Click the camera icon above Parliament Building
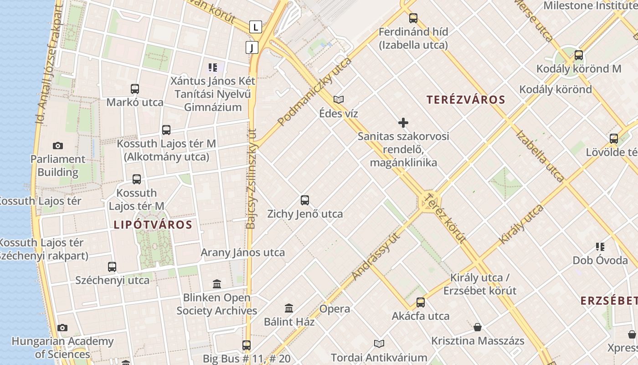pyautogui.click(x=58, y=146)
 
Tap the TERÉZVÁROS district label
pyautogui.click(x=466, y=100)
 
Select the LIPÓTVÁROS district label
pyautogui.click(x=153, y=224)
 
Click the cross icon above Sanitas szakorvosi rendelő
pyautogui.click(x=403, y=123)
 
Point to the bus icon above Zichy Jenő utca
pyautogui.click(x=305, y=200)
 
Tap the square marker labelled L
pyautogui.click(x=256, y=27)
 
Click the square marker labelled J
pyautogui.click(x=252, y=47)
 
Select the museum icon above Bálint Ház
pyautogui.click(x=289, y=308)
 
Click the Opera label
pyautogui.click(x=334, y=309)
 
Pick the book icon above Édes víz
pyautogui.click(x=339, y=99)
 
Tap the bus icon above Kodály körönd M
pyautogui.click(x=579, y=55)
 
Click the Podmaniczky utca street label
pyautogui.click(x=314, y=92)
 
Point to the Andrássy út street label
pyautogui.click(x=376, y=256)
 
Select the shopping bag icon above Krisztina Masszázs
pyautogui.click(x=478, y=327)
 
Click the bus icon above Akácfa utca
pyautogui.click(x=421, y=302)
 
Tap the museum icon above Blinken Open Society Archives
pyautogui.click(x=217, y=284)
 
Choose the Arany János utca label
pyautogui.click(x=242, y=252)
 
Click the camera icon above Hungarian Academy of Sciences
pyautogui.click(x=62, y=328)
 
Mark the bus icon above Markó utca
pyautogui.click(x=135, y=89)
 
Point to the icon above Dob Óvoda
pyautogui.click(x=600, y=247)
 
